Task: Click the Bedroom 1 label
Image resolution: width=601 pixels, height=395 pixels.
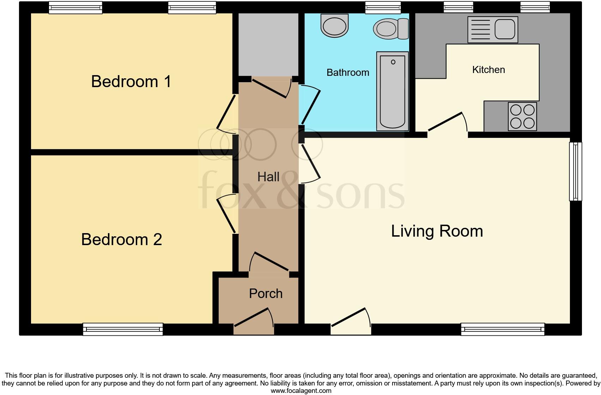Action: (131, 81)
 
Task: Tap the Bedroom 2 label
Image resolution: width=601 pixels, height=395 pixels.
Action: (122, 239)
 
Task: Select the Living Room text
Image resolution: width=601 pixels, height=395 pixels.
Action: (437, 231)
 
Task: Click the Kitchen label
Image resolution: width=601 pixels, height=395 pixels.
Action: (488, 70)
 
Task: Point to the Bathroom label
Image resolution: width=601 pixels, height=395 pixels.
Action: (348, 73)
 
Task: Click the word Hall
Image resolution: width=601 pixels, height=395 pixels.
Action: (268, 177)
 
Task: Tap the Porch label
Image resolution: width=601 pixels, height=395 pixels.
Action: (266, 293)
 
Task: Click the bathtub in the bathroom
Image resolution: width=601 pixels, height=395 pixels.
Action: (393, 91)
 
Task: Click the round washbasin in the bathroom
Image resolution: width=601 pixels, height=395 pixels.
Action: (334, 25)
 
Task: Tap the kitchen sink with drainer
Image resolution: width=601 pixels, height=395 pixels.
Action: (493, 30)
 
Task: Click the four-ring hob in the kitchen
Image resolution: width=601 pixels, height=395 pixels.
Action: (522, 116)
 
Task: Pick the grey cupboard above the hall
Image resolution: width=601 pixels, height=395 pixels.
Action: (268, 44)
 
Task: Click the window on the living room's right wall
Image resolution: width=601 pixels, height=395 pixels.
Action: (575, 171)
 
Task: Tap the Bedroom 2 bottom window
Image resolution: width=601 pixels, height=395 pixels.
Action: (123, 329)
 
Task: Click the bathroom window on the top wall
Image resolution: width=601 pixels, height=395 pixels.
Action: (383, 7)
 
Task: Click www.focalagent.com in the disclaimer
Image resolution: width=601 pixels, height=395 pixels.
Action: (301, 391)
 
